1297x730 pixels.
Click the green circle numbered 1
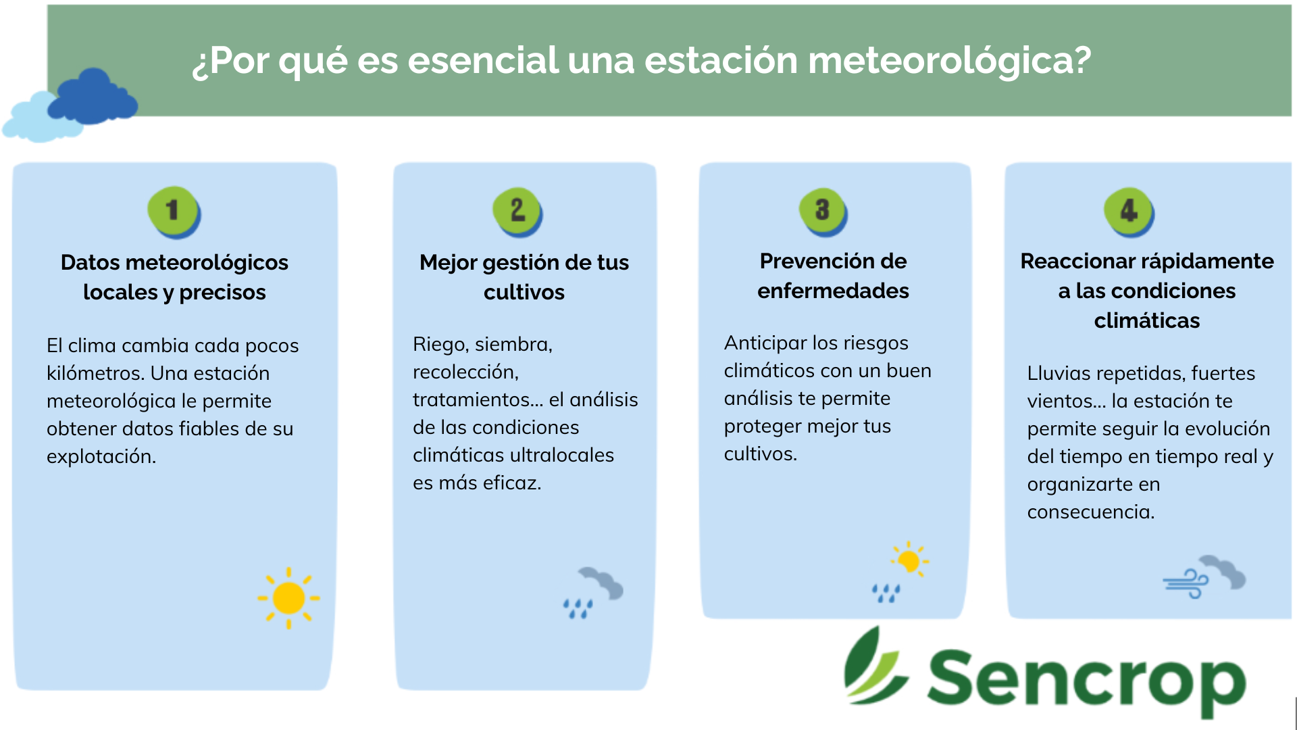(174, 212)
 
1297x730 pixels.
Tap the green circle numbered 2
(517, 212)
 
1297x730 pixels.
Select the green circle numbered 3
(823, 212)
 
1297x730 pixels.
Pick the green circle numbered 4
(1129, 212)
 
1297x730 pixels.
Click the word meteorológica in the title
(949, 61)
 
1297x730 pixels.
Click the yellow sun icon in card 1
(288, 598)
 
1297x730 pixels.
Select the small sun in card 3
(909, 560)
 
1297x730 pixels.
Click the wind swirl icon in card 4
(1186, 583)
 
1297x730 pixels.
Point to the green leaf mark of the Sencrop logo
(874, 665)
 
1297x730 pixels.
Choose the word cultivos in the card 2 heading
(524, 292)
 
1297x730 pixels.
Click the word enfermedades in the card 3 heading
(833, 291)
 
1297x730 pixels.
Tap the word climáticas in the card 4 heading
(1147, 320)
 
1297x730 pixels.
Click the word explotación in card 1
(101, 457)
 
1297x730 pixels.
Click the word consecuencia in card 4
(1091, 512)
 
